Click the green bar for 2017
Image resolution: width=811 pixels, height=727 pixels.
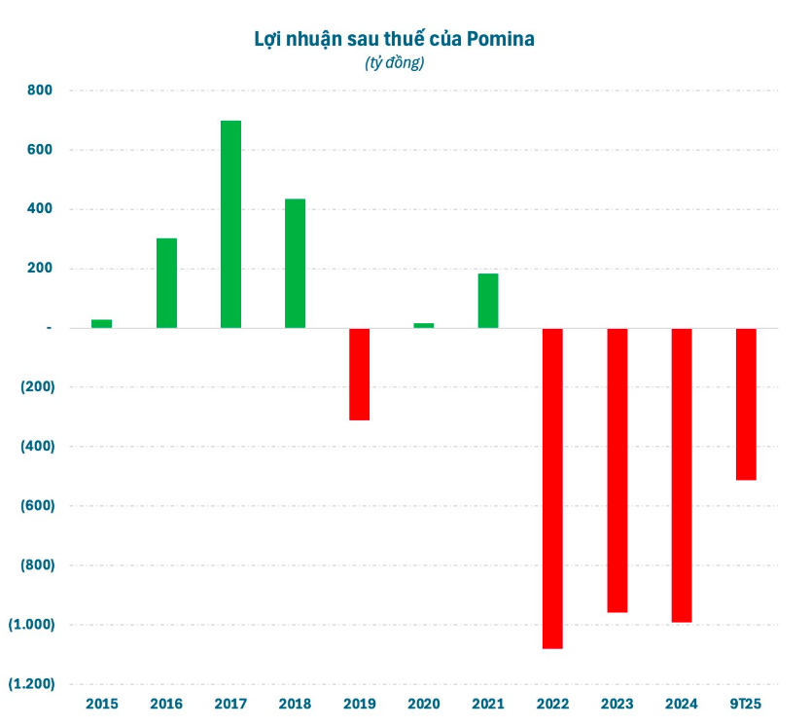coord(230,224)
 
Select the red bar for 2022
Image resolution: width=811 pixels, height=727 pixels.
coord(552,488)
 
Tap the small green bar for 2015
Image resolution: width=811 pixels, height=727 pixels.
coord(102,323)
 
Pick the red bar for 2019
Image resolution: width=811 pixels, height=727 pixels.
coord(360,374)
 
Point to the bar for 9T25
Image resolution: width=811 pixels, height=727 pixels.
coord(746,404)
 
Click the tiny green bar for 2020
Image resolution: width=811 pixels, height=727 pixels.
coord(424,325)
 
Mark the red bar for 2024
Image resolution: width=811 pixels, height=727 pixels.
coord(682,475)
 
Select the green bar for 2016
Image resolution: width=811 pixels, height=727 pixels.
coord(166,282)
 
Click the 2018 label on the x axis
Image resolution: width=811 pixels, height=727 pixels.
coord(295,703)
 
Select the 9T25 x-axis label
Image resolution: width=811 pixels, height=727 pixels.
coord(746,703)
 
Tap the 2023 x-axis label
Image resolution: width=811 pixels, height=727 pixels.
coord(617,703)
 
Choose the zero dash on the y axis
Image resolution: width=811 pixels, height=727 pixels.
coord(48,328)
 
